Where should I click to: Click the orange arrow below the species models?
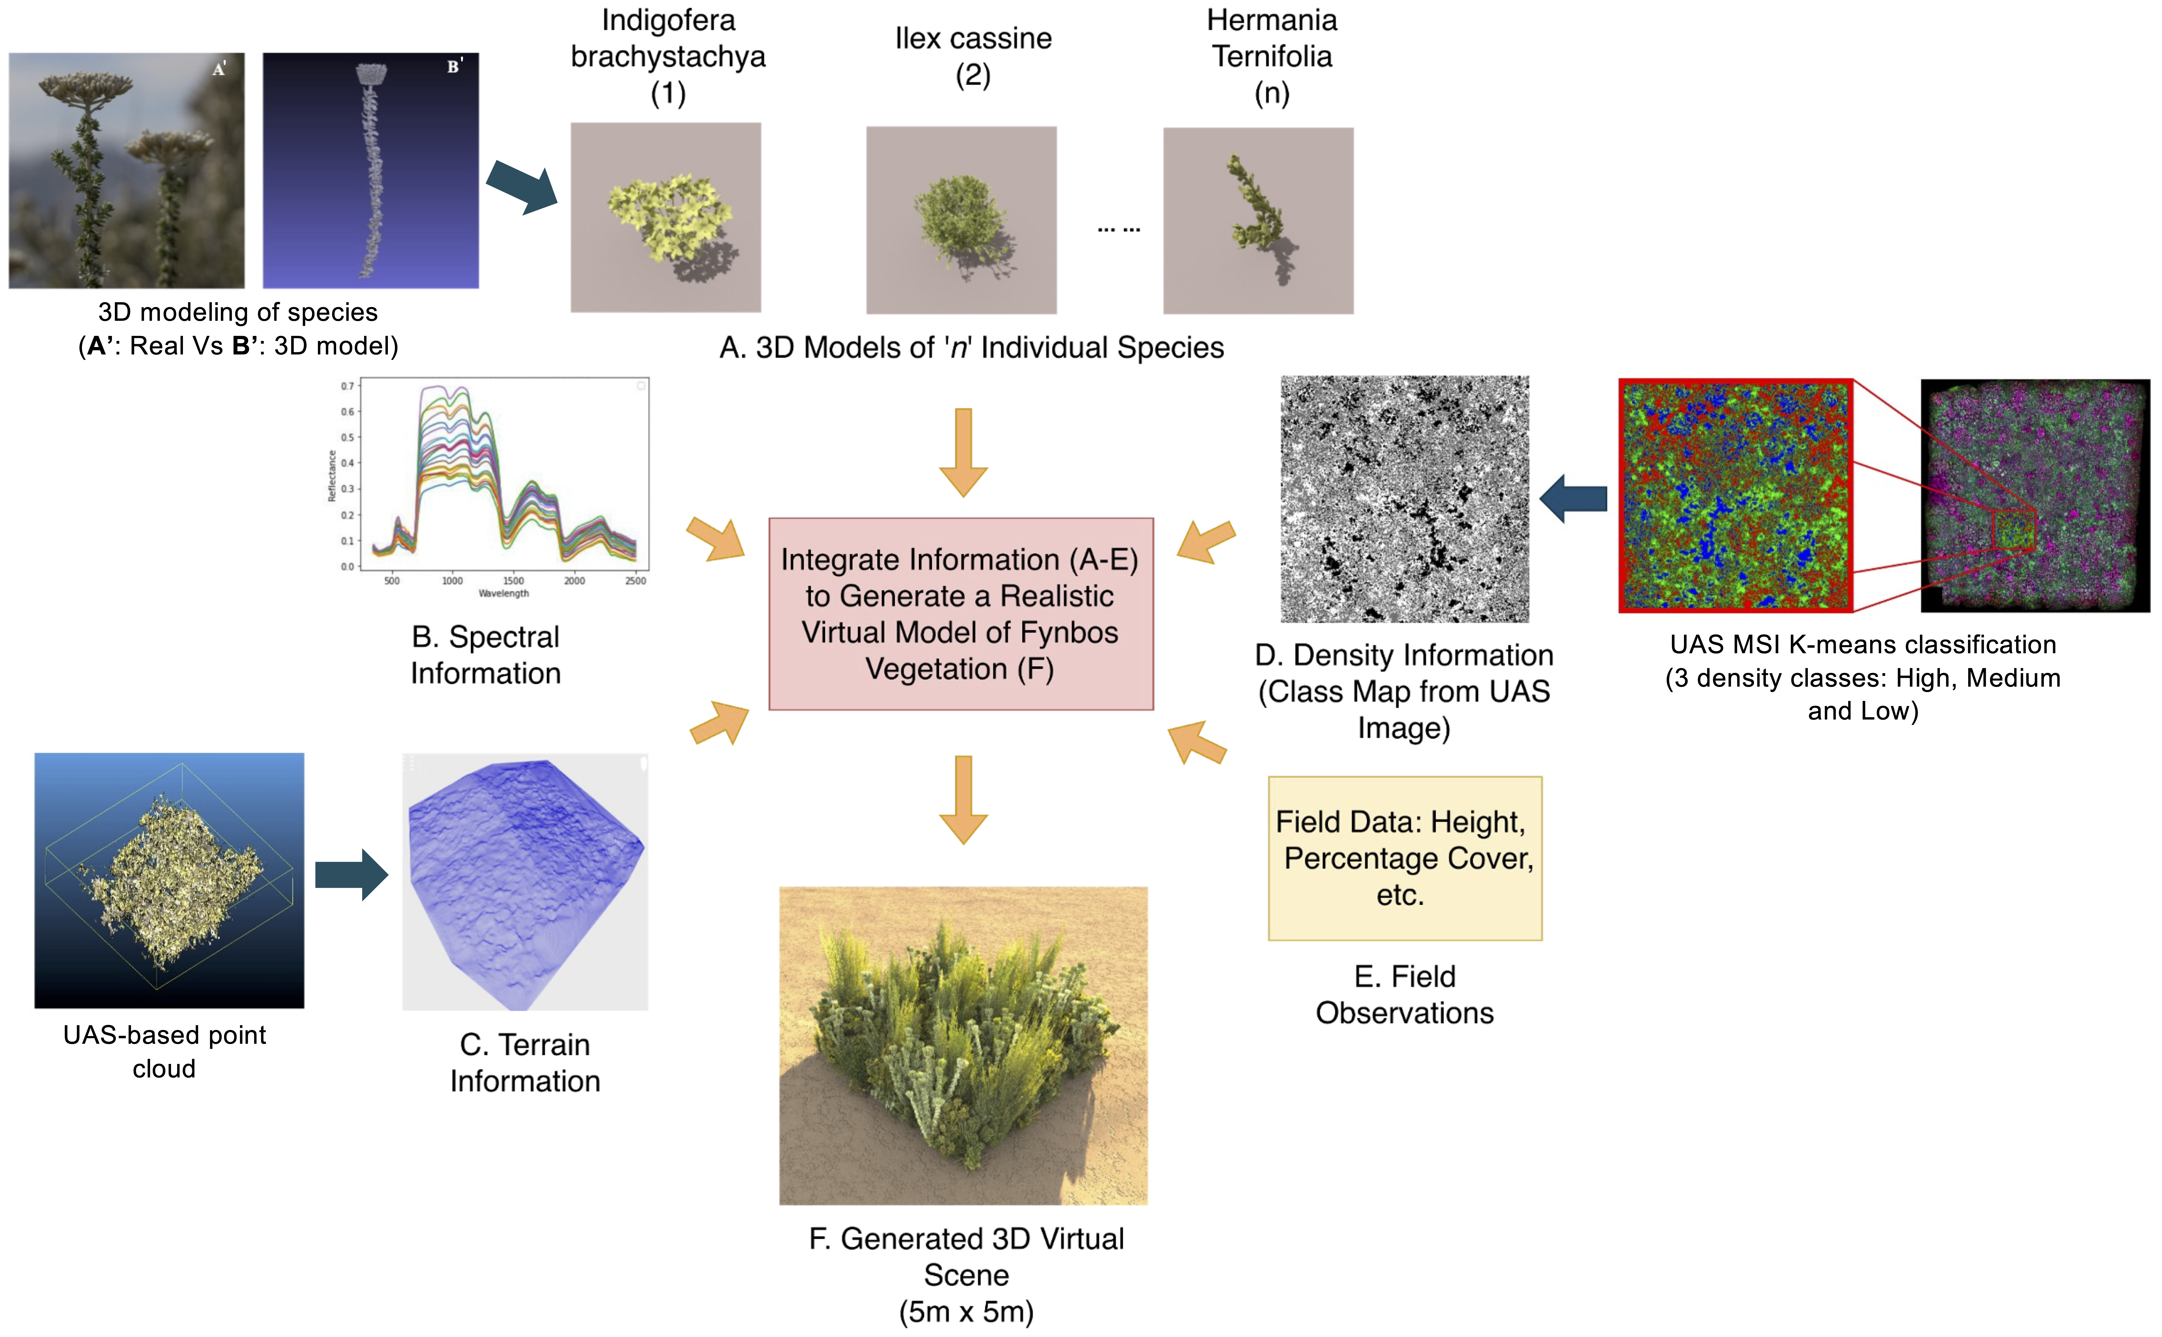click(x=963, y=452)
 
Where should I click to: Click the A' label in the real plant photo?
click(x=219, y=69)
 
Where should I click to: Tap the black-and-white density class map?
click(x=1404, y=499)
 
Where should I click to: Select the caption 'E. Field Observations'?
click(x=1404, y=994)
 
